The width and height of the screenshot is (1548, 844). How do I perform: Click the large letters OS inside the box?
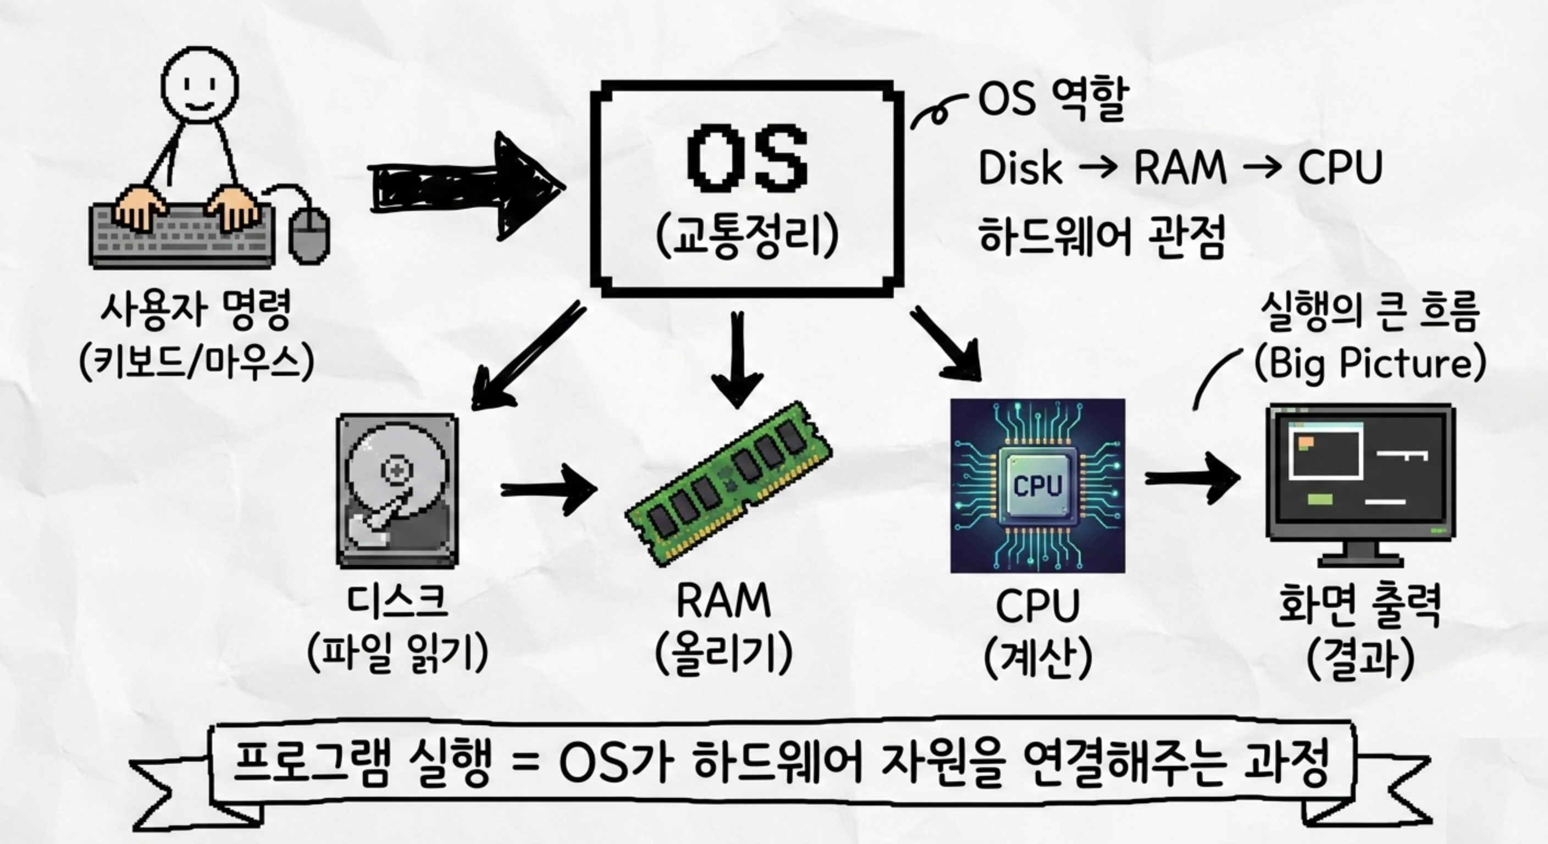(x=747, y=157)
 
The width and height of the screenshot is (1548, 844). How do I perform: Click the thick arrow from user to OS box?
(x=466, y=186)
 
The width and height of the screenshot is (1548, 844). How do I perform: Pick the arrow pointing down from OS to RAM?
(x=737, y=359)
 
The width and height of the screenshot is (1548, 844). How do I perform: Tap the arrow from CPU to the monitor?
(x=1192, y=478)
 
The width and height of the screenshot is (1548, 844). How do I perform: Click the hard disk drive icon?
(x=397, y=490)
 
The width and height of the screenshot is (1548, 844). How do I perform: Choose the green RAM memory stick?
(x=729, y=484)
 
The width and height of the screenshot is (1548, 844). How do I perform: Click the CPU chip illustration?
(x=1038, y=485)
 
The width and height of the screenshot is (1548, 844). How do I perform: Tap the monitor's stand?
(x=1361, y=554)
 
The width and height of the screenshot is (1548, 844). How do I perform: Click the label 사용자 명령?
(x=196, y=309)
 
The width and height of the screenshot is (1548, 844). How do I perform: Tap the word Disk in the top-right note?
(x=1020, y=167)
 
